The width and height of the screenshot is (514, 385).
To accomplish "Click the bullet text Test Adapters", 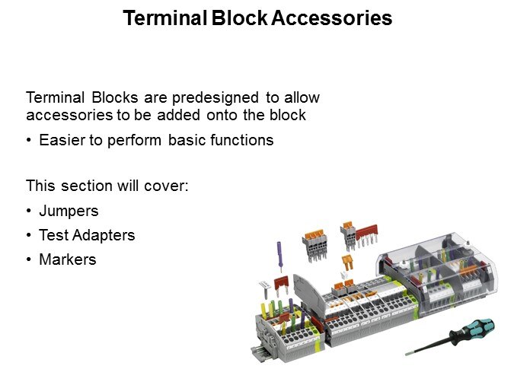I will pos(87,235).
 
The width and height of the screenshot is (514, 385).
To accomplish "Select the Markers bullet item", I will pos(68,259).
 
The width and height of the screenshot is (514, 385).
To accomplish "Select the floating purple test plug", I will pos(279,255).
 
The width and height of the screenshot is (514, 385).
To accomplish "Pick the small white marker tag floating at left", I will pos(264,288).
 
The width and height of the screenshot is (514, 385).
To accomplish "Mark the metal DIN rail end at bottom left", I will pos(258,352).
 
